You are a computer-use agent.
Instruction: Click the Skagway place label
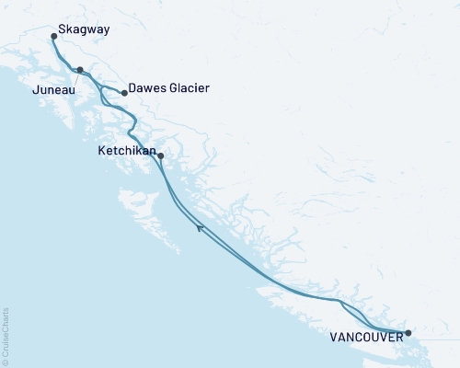click(84, 29)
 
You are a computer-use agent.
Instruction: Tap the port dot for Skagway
click(54, 38)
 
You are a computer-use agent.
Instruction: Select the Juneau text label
click(53, 91)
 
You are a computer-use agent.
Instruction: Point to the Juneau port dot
click(80, 70)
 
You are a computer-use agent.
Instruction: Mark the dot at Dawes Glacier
click(124, 93)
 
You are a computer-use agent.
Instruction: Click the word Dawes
click(148, 88)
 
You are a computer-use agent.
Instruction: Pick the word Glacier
click(190, 88)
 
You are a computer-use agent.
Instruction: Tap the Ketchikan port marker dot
click(161, 155)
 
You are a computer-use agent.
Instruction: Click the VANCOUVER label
click(364, 338)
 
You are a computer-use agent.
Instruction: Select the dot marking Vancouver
click(408, 333)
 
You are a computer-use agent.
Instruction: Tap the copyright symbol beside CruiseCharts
click(6, 361)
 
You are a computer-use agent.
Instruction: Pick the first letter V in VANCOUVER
click(332, 338)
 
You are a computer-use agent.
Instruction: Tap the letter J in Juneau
click(35, 91)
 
